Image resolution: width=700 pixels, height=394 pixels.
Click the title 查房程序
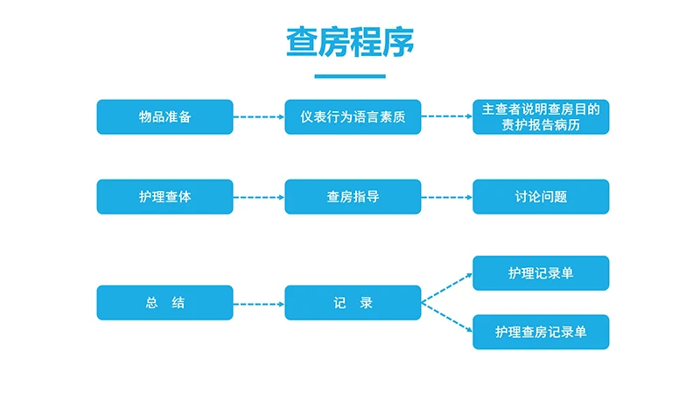[350, 41]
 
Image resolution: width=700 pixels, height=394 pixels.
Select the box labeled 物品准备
[164, 116]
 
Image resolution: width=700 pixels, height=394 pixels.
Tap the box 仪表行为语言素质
[353, 116]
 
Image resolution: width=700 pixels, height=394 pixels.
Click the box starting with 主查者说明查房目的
[541, 116]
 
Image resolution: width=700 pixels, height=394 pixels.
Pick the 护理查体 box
[164, 197]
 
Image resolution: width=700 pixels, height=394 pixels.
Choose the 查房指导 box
[353, 197]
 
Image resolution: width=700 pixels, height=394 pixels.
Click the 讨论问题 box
[541, 197]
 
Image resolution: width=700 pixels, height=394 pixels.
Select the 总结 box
[164, 303]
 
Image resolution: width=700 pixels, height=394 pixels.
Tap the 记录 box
[353, 303]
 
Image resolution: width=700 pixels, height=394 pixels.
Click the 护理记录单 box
[541, 273]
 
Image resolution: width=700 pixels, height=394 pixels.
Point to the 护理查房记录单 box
[541, 332]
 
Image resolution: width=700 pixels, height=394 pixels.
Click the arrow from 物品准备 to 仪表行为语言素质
[259, 116]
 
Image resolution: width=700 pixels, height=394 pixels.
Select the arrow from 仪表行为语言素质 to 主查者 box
[447, 116]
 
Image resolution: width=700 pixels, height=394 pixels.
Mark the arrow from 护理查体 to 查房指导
[259, 197]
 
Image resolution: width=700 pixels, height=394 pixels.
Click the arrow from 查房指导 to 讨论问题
[447, 197]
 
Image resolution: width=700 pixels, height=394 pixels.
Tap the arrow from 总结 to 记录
[259, 304]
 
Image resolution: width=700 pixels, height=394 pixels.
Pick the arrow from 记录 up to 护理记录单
[447, 289]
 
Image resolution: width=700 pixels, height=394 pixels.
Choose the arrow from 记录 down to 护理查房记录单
[447, 318]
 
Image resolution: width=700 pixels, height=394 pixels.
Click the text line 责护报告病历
[541, 125]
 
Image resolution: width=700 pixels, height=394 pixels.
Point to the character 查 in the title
[303, 41]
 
